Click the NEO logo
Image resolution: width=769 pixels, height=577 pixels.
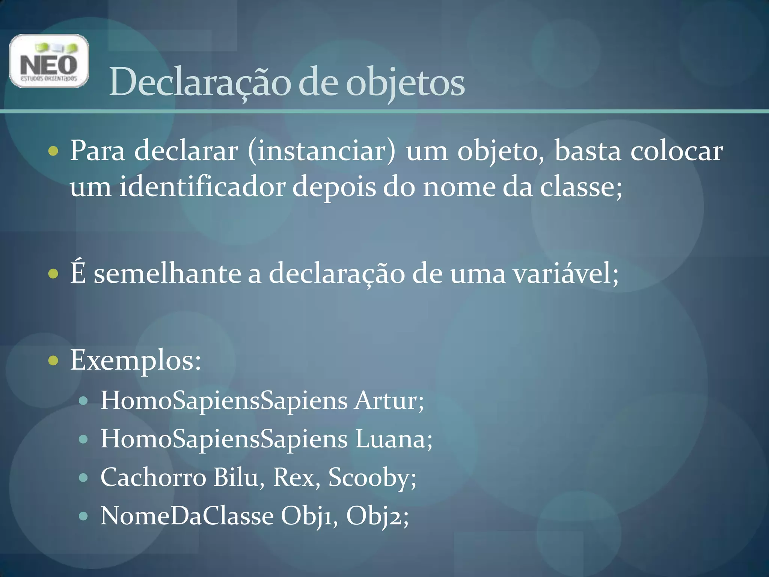[x=49, y=61]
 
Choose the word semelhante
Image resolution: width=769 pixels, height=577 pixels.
[x=167, y=273]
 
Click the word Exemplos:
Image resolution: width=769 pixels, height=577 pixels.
[x=136, y=360]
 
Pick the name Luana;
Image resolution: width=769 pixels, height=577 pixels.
[x=394, y=439]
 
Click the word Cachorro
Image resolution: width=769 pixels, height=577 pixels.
[x=153, y=477]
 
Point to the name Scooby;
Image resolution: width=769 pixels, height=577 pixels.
[x=372, y=477]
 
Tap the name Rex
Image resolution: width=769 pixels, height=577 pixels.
[x=296, y=477]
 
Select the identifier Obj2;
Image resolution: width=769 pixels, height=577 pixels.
[x=377, y=516]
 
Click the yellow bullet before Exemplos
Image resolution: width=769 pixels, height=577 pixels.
[x=54, y=361]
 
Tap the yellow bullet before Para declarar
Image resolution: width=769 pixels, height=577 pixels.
[x=54, y=151]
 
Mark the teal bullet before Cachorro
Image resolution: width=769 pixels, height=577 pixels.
[x=83, y=478]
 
